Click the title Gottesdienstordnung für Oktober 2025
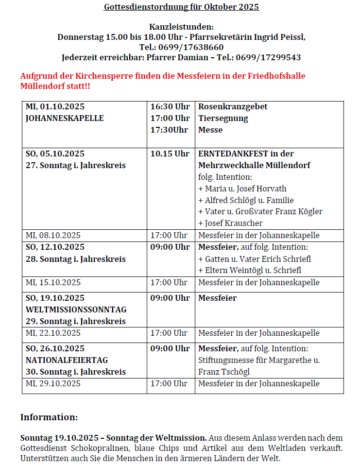point(181,7)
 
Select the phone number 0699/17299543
point(268,57)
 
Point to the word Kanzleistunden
point(181,27)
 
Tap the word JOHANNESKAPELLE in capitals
point(65,118)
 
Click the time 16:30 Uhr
point(170,106)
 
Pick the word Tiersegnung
point(223,118)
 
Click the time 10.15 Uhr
point(170,154)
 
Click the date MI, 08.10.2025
point(53,235)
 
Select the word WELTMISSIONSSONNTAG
point(76,309)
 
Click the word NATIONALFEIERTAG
point(67,360)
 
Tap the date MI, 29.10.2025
point(53,383)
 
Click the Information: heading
point(49,417)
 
